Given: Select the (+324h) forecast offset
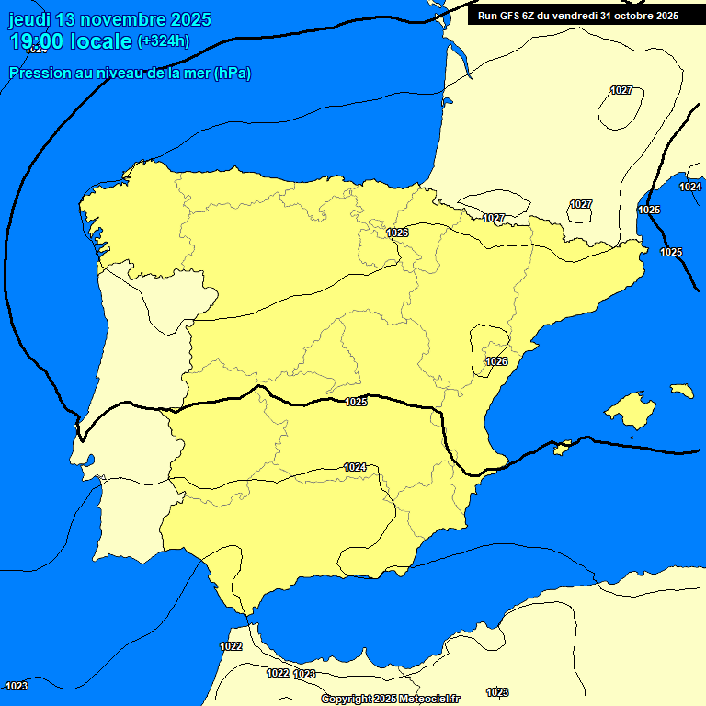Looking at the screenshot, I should point(163,41).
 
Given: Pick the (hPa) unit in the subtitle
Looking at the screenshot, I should point(233,73).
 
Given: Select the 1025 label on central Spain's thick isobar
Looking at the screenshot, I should point(357,402).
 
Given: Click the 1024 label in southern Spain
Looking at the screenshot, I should point(356,467).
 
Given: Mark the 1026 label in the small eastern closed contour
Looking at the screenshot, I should point(496,361).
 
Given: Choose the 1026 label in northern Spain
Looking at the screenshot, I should point(397,233).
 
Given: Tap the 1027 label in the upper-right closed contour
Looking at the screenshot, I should point(621,90).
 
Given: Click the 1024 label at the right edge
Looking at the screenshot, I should point(690,187).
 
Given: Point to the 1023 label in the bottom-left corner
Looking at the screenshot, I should point(17,686).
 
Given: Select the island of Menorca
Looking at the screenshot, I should point(681,391).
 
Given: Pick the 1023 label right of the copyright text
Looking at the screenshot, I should point(497,691).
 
